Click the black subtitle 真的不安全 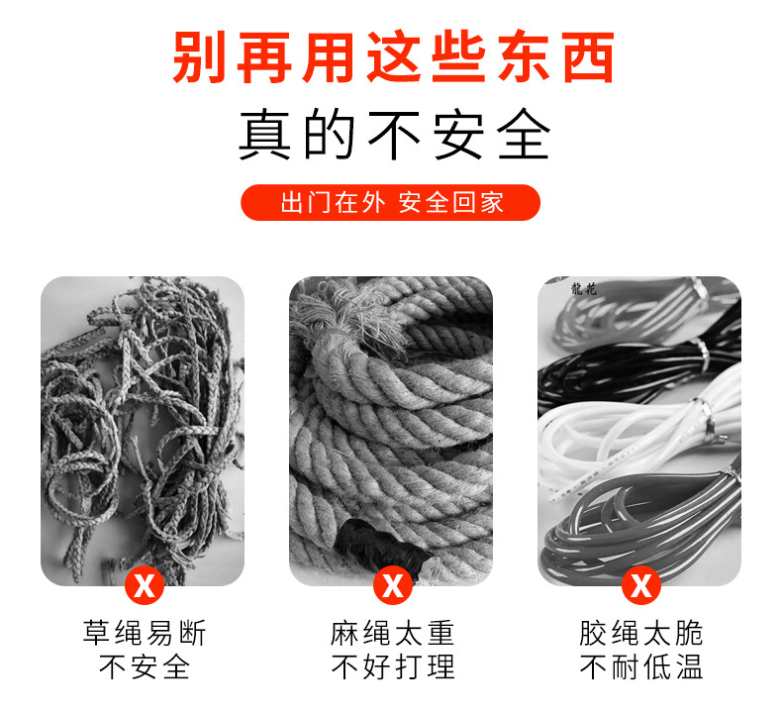coord(394,135)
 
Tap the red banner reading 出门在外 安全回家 coord(391,203)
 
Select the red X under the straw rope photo coord(144,584)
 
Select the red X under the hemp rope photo coord(392,584)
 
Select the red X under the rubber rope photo coord(640,584)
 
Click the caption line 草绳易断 coord(144,634)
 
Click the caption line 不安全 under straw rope coord(144,667)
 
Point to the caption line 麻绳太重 coord(392,634)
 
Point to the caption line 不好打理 coord(392,667)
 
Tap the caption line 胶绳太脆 coord(640,634)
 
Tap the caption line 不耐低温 coord(640,667)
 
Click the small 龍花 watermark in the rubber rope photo coord(584,289)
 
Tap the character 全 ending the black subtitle coord(522,135)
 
